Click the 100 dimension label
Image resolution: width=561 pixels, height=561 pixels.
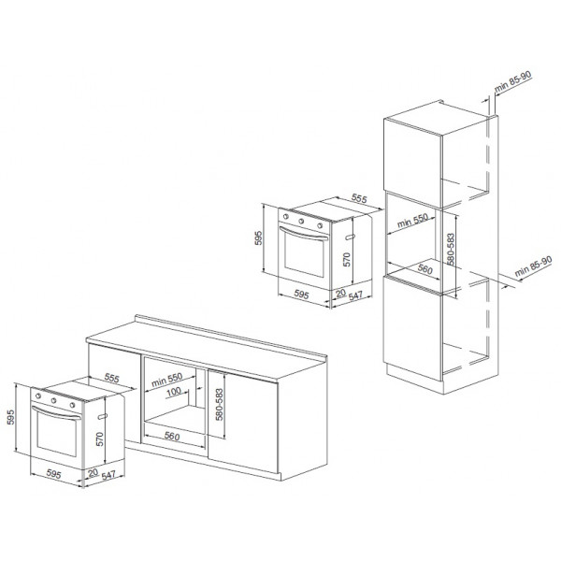coord(174,392)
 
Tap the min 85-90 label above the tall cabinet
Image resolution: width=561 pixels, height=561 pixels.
coord(513,81)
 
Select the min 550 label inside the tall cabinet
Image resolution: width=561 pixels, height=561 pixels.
coord(412,221)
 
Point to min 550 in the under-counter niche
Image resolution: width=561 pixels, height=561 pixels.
coord(166,380)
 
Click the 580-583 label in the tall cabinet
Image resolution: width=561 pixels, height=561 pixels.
coord(451,250)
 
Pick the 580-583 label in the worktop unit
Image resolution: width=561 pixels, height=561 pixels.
coord(220,405)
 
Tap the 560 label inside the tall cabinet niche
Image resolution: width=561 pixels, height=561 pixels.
coord(425,269)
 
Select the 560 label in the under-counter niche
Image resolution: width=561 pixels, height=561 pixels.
coord(172,436)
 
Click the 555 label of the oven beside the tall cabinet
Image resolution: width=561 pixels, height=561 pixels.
coord(359,198)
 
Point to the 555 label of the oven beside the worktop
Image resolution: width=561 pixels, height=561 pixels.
coord(111,378)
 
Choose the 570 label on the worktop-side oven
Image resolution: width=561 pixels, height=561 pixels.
coord(100,439)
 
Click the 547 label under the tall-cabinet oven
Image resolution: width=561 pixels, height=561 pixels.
coord(355,295)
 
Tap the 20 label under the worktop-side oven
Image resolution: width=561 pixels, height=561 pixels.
coord(93,473)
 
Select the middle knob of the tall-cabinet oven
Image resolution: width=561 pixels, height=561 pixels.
coord(301,221)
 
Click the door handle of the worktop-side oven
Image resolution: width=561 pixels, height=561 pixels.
coord(56,413)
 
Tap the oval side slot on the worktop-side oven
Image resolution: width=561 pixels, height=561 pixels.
coord(102,416)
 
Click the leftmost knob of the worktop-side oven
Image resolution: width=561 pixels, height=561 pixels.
coord(38,396)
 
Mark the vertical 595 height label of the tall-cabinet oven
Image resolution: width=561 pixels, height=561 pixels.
coord(258,238)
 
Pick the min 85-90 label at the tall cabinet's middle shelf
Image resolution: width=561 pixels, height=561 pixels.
coord(533,266)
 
